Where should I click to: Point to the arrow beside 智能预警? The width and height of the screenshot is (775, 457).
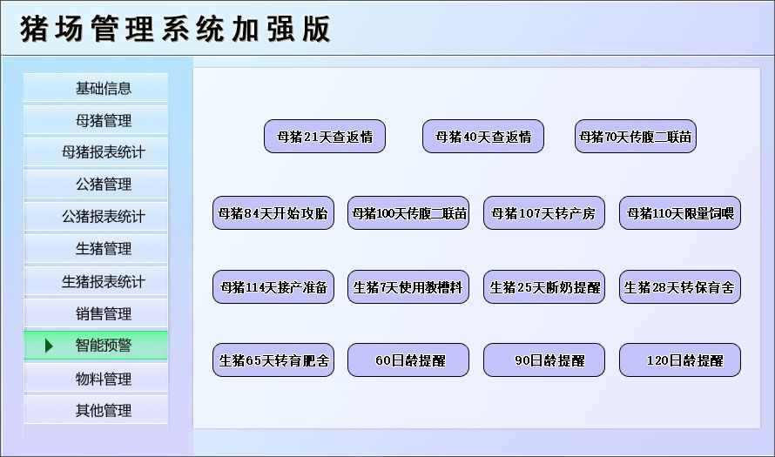pos(49,346)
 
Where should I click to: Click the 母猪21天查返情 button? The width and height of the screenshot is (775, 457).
pos(325,137)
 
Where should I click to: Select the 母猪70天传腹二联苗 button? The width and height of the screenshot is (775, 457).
pos(636,137)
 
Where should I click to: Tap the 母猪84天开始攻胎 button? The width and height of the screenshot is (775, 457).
pos(273,213)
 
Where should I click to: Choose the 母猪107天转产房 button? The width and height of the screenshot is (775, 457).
pos(544,213)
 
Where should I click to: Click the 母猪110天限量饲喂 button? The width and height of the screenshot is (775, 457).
pos(680,213)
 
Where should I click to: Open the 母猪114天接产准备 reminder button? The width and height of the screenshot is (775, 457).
pos(273,287)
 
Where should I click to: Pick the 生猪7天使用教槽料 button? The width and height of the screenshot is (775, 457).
pos(408,287)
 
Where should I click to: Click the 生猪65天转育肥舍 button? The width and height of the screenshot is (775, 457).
pos(273,360)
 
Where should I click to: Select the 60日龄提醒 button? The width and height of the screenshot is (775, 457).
pos(408,360)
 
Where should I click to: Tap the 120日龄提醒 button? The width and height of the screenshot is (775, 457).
pos(680,360)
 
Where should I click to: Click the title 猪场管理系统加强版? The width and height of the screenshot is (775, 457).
pos(175,30)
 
